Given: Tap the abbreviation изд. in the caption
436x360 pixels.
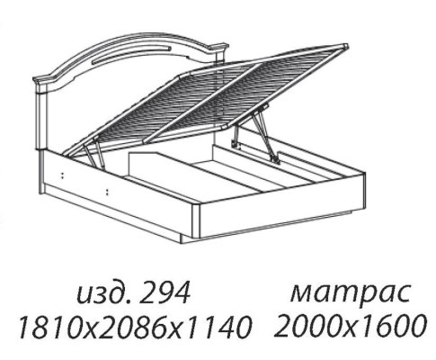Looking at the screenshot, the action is [x=104, y=294].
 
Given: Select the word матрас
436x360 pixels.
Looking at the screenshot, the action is [x=350, y=293].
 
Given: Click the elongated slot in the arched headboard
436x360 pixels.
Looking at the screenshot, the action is [x=132, y=55].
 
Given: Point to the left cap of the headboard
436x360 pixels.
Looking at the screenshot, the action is [x=42, y=80].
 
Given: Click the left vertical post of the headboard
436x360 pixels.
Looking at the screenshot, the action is [x=41, y=119].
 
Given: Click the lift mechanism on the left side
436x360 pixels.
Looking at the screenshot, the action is [x=93, y=152].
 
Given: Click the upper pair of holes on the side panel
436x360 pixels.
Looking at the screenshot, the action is [x=63, y=175].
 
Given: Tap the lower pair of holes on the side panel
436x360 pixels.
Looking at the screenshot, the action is [x=107, y=192].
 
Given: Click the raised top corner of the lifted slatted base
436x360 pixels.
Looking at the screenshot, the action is [x=345, y=47].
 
